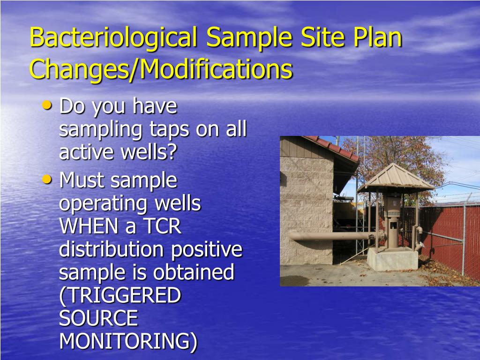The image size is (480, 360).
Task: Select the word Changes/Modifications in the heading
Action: (x=161, y=69)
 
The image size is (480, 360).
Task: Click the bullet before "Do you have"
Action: (x=47, y=106)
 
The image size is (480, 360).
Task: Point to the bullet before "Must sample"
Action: (x=47, y=179)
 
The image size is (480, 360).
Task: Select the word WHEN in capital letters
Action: (x=89, y=226)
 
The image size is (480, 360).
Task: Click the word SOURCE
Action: (x=98, y=318)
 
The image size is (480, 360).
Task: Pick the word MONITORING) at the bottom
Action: (x=128, y=341)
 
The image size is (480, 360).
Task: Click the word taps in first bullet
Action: (x=169, y=130)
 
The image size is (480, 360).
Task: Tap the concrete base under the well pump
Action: (x=392, y=258)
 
